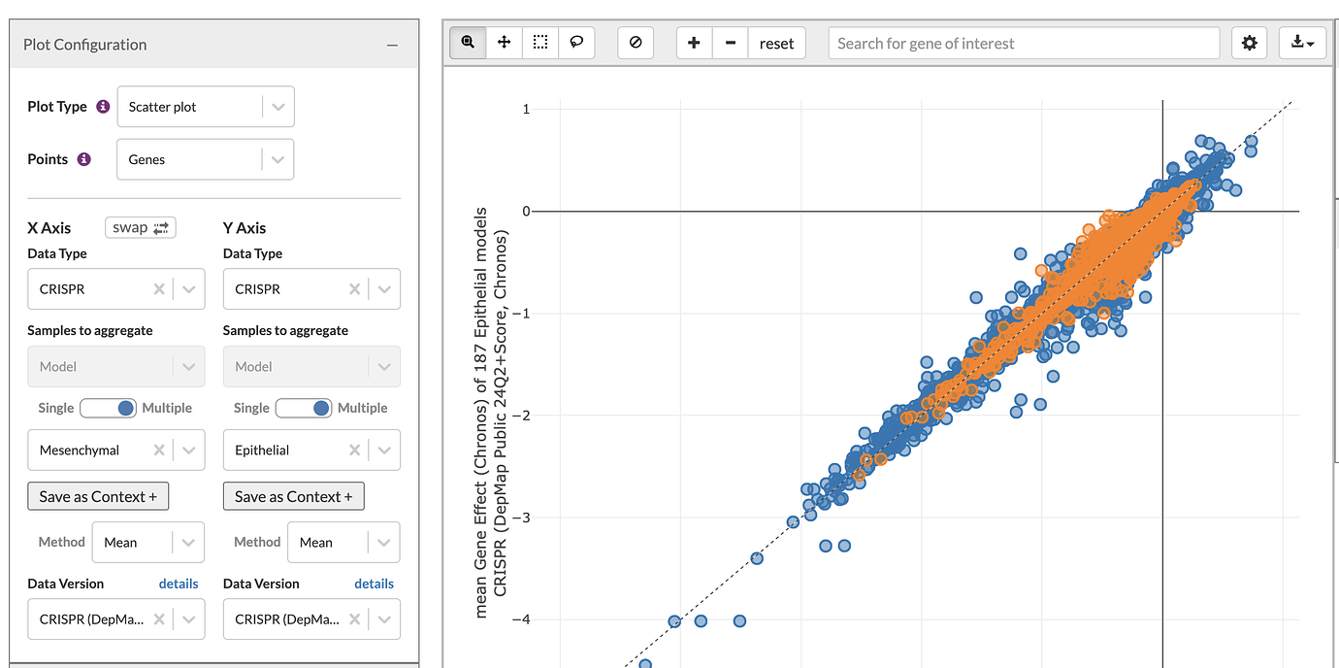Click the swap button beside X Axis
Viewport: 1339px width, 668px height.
pyautogui.click(x=140, y=227)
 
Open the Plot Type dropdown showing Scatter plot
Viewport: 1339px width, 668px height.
pyautogui.click(x=205, y=107)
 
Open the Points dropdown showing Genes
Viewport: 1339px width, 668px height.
pyautogui.click(x=205, y=159)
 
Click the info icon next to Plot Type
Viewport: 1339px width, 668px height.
pyautogui.click(x=103, y=107)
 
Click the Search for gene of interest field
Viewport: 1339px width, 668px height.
pyautogui.click(x=1023, y=43)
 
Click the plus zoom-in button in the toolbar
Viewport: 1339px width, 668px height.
pyautogui.click(x=694, y=43)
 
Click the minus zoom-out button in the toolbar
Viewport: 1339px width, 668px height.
pyautogui.click(x=730, y=43)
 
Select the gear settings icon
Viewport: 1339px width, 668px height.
pyautogui.click(x=1249, y=43)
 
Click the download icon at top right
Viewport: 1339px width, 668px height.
pyautogui.click(x=1301, y=43)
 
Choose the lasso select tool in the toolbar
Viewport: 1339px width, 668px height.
pyautogui.click(x=576, y=43)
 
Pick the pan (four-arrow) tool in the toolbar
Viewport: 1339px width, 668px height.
pyautogui.click(x=505, y=43)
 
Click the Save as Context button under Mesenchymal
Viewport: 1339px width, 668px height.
pyautogui.click(x=98, y=496)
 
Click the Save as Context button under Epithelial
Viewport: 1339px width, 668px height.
pyautogui.click(x=294, y=496)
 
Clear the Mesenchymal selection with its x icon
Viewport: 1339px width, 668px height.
pyautogui.click(x=158, y=451)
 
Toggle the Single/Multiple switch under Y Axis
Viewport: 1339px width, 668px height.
pyautogui.click(x=304, y=408)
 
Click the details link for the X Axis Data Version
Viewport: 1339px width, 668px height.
pyautogui.click(x=179, y=584)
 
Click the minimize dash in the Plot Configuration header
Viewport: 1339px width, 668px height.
pyautogui.click(x=392, y=45)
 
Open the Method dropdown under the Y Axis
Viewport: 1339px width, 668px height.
pyautogui.click(x=343, y=542)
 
